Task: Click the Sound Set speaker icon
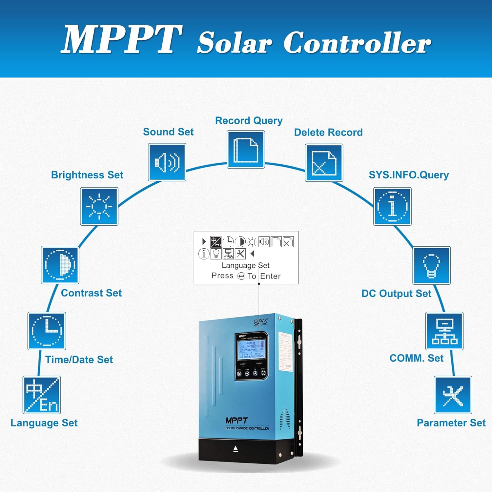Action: tap(167, 162)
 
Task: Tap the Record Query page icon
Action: tap(246, 150)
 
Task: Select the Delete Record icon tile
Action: tap(324, 163)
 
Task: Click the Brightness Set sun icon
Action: tap(99, 206)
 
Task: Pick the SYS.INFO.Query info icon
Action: tap(392, 206)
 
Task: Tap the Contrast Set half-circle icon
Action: tap(60, 265)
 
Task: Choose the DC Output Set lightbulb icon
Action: tap(431, 265)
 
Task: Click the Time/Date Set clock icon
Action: tap(47, 331)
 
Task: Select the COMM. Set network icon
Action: tap(444, 331)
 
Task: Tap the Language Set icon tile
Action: tap(42, 395)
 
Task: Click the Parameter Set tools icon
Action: tap(453, 395)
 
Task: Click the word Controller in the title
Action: tap(357, 43)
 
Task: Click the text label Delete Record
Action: tap(328, 133)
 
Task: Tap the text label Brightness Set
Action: tap(87, 175)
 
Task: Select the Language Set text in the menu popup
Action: tap(245, 265)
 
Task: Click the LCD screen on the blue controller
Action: tap(251, 350)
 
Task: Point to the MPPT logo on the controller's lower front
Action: tap(236, 420)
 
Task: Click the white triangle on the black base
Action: tap(236, 449)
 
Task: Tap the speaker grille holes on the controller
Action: tap(285, 419)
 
